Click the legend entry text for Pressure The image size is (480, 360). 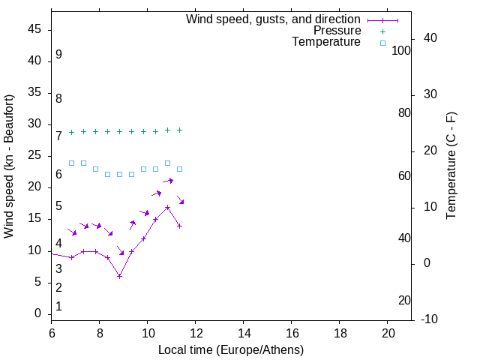[337, 31]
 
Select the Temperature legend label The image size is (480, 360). [326, 42]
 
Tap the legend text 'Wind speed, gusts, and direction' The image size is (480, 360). [274, 19]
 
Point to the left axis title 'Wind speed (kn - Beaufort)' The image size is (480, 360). [9, 166]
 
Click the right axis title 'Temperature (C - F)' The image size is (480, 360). [451, 166]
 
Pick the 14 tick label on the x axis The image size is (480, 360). [244, 332]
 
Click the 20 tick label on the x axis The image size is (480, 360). [388, 332]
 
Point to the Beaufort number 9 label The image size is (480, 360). [58, 55]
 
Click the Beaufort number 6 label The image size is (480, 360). [58, 175]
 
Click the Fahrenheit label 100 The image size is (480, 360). [402, 51]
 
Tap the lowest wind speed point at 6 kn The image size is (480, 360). [119, 276]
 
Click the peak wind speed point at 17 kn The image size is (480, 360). [167, 207]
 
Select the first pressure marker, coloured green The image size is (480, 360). [71, 132]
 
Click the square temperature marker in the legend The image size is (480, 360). [382, 43]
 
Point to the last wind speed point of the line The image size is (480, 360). [179, 226]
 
